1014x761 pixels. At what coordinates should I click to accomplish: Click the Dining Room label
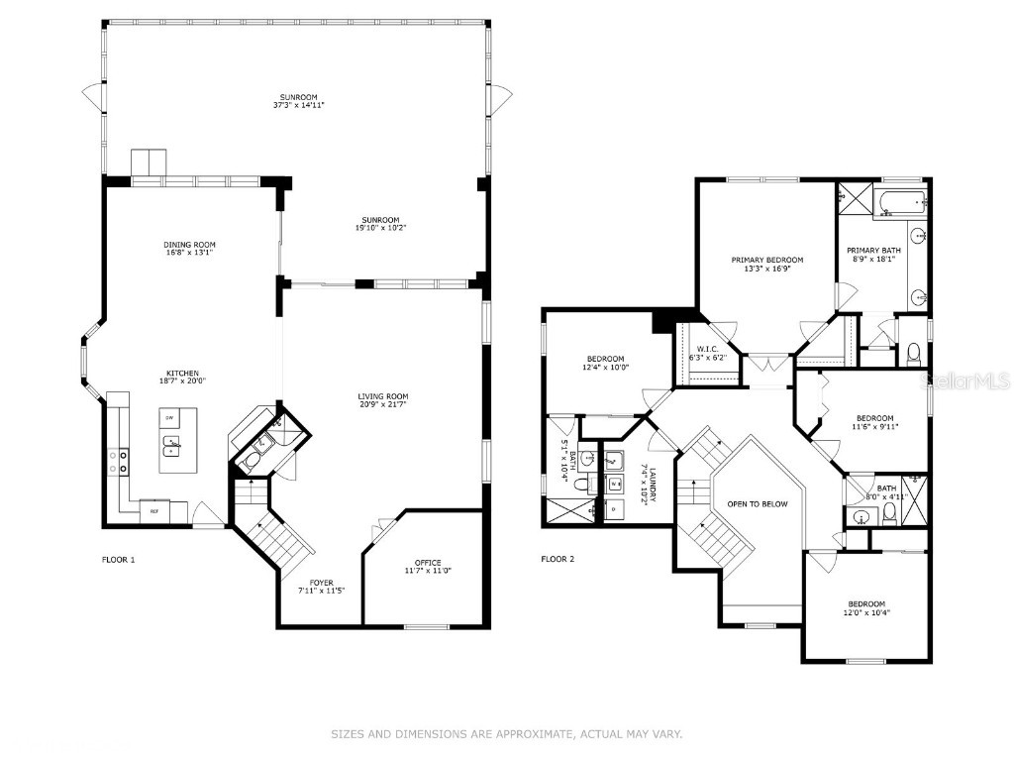tap(189, 245)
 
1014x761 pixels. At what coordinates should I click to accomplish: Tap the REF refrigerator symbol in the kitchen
tap(154, 511)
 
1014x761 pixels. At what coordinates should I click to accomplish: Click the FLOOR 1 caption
tap(118, 559)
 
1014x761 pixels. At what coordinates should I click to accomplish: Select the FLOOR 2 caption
tap(558, 559)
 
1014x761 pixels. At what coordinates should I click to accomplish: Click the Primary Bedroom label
tap(766, 260)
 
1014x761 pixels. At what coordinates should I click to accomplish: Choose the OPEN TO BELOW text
tap(758, 504)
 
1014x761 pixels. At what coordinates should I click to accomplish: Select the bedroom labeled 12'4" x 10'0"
tap(605, 359)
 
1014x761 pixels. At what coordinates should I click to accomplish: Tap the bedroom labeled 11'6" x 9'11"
tap(874, 418)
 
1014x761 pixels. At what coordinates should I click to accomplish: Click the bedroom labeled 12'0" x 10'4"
tap(865, 604)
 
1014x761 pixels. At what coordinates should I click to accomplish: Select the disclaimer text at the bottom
tap(506, 734)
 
